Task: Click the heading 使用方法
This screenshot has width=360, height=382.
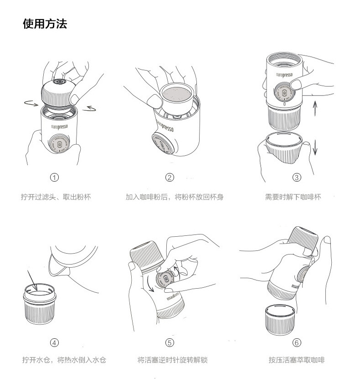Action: (x=45, y=24)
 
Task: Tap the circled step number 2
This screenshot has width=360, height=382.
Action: (x=170, y=177)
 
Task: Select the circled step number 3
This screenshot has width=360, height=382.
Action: (x=297, y=177)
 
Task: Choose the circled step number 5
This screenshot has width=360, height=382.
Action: (x=170, y=342)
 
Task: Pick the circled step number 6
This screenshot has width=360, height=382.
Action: (x=297, y=342)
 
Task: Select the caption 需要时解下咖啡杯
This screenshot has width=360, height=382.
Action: (x=293, y=197)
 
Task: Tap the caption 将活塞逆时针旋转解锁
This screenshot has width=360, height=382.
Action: (x=173, y=360)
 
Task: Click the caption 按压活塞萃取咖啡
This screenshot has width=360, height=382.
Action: (x=297, y=360)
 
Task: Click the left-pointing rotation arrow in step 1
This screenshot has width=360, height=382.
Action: (x=31, y=103)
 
